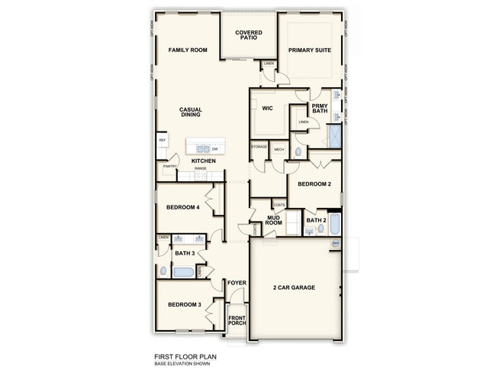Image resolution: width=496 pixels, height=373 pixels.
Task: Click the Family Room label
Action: (x=188, y=50)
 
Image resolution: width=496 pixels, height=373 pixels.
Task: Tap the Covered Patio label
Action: (x=249, y=35)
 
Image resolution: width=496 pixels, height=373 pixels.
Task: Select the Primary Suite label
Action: (x=309, y=50)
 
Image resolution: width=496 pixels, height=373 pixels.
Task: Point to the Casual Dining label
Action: (x=190, y=112)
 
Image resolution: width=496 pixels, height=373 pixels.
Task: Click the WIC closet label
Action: (x=268, y=109)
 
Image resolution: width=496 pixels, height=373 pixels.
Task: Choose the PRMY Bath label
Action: (x=320, y=109)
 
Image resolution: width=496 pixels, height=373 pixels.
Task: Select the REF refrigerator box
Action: (x=163, y=141)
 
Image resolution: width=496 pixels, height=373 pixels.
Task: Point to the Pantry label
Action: (x=169, y=166)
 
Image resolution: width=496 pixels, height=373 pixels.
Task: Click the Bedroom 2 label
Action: (x=314, y=184)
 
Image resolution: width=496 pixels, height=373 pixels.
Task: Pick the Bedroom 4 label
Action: (x=183, y=207)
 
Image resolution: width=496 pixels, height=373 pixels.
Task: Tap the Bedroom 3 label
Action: (x=184, y=305)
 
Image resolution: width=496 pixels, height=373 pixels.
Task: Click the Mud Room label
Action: (x=275, y=221)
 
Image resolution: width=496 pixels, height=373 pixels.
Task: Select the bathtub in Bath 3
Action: (x=184, y=271)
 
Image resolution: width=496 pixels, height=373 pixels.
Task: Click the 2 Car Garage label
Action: (x=295, y=287)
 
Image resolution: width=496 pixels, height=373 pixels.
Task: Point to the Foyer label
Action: (x=237, y=283)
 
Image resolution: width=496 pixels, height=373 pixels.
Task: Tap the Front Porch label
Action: (x=237, y=319)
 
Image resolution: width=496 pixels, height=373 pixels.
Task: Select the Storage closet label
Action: (x=259, y=147)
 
